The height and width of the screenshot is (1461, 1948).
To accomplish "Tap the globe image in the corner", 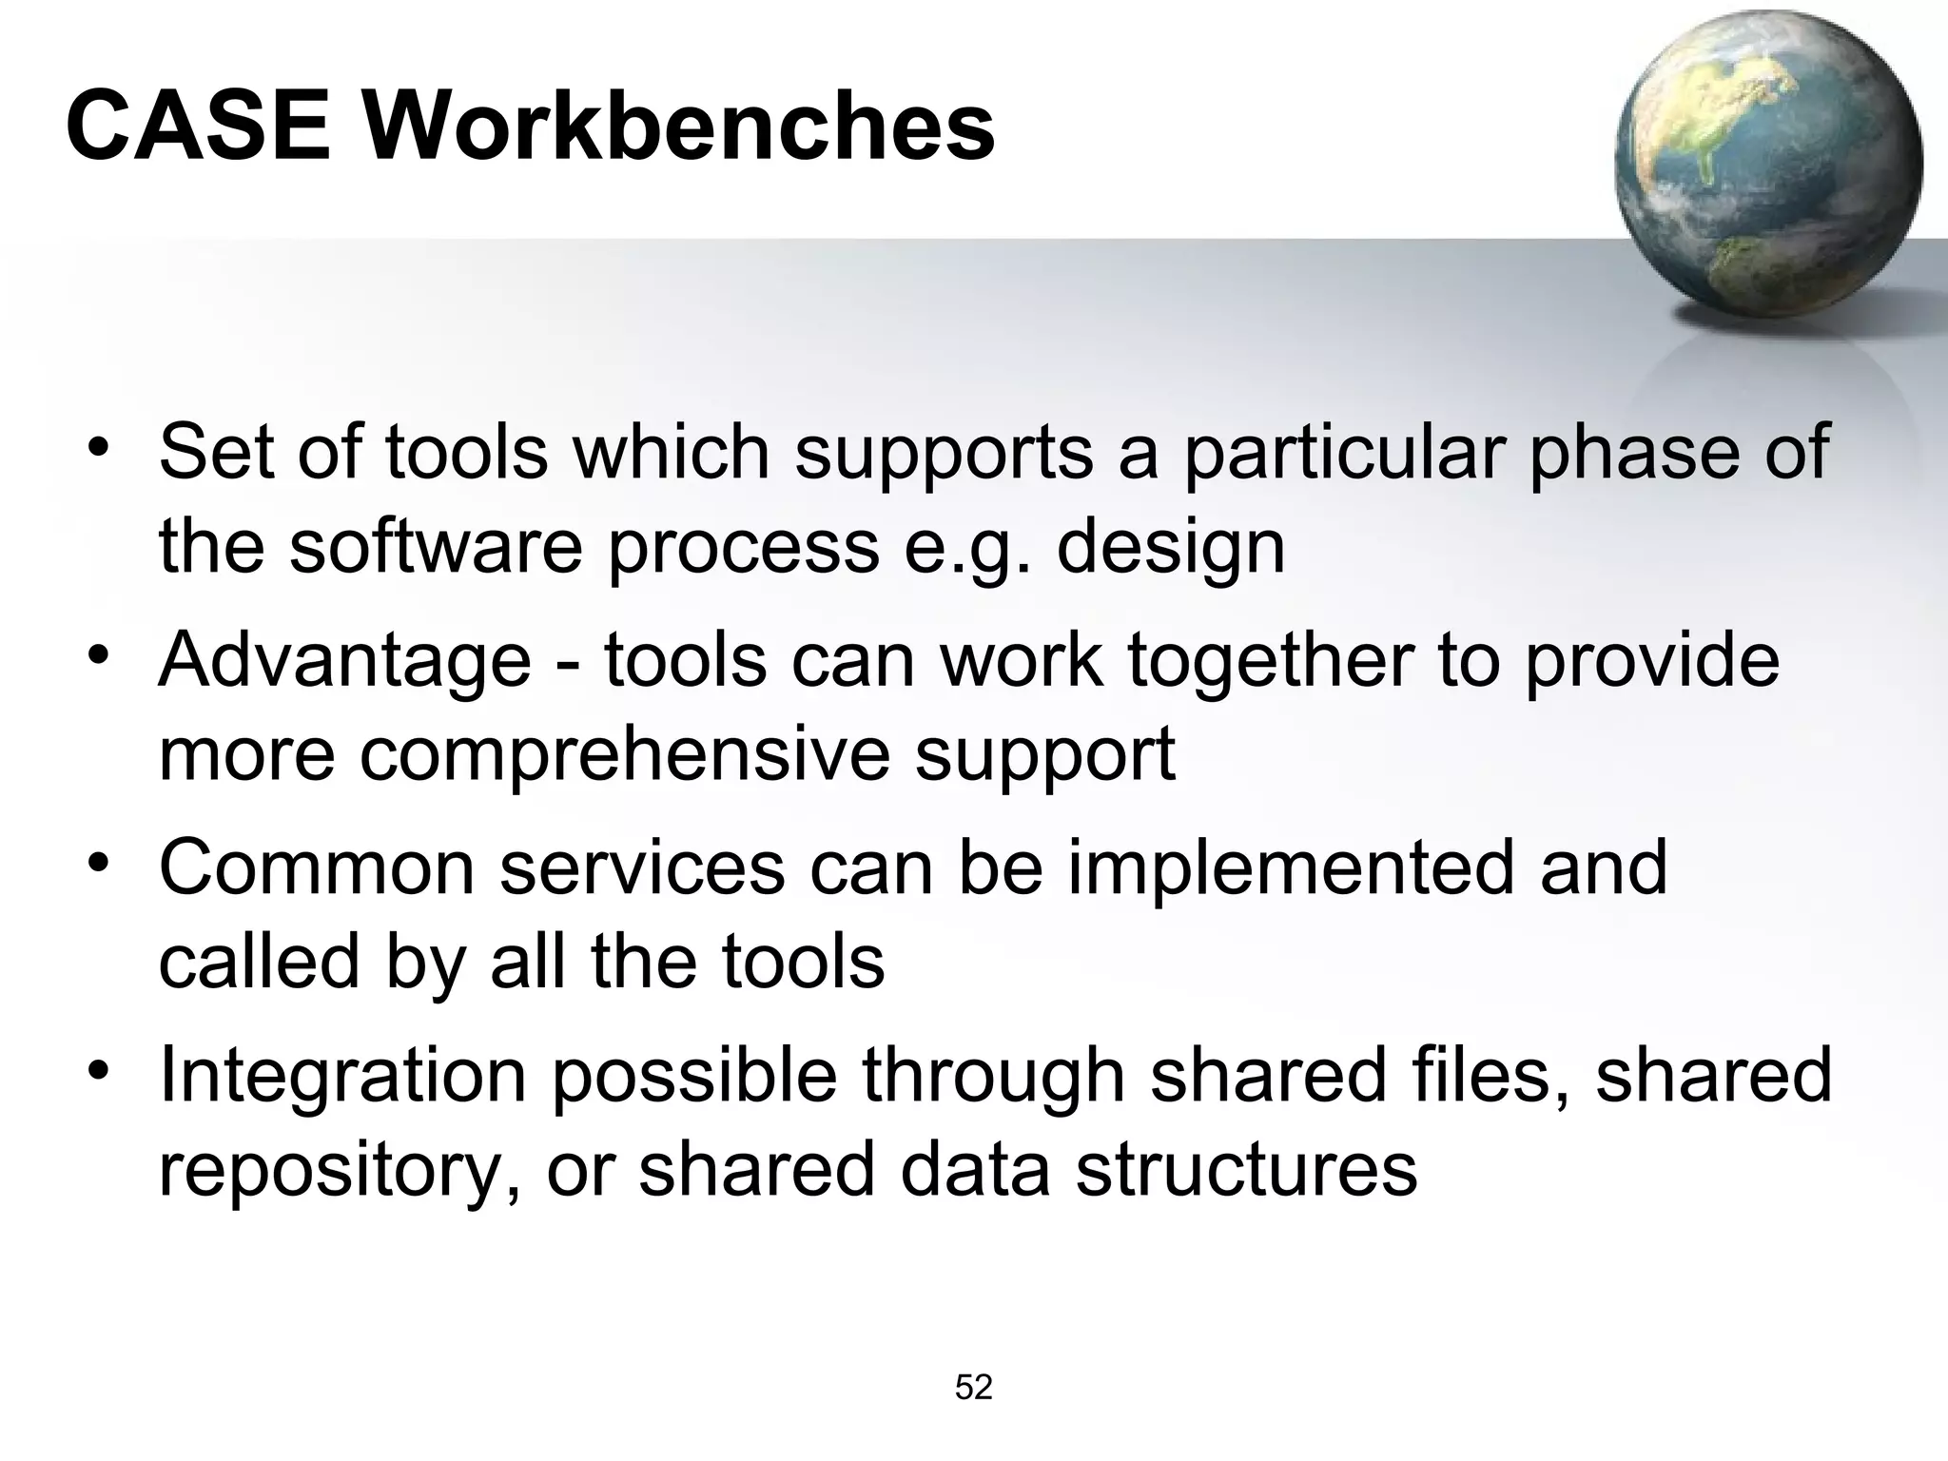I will tap(1767, 164).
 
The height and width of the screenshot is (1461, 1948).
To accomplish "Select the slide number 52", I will tap(973, 1388).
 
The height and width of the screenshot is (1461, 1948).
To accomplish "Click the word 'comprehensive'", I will tap(624, 755).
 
